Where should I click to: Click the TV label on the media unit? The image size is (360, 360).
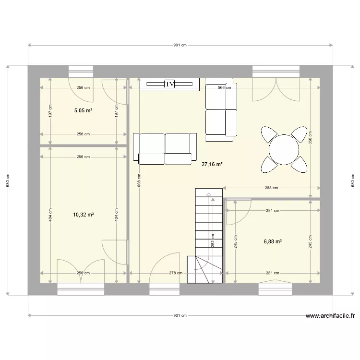point(169,84)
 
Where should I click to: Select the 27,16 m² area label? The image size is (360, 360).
point(212,164)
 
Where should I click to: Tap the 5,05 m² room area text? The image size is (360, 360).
point(83,110)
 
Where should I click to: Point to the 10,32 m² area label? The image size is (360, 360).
point(83,215)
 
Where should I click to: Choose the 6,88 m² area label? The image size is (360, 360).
point(273,241)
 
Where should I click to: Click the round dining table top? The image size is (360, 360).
point(284,149)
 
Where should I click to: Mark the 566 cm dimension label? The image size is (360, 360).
point(224,88)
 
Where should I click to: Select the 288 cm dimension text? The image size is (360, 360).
point(271,188)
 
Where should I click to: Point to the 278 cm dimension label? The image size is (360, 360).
point(176,273)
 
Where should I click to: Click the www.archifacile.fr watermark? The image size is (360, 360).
point(330,316)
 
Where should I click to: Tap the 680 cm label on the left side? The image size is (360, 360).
point(8,181)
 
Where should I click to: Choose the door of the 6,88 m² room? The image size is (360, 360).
point(238,212)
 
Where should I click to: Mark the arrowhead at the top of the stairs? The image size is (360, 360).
point(209,194)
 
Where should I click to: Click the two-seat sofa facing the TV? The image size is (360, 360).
point(165,148)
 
